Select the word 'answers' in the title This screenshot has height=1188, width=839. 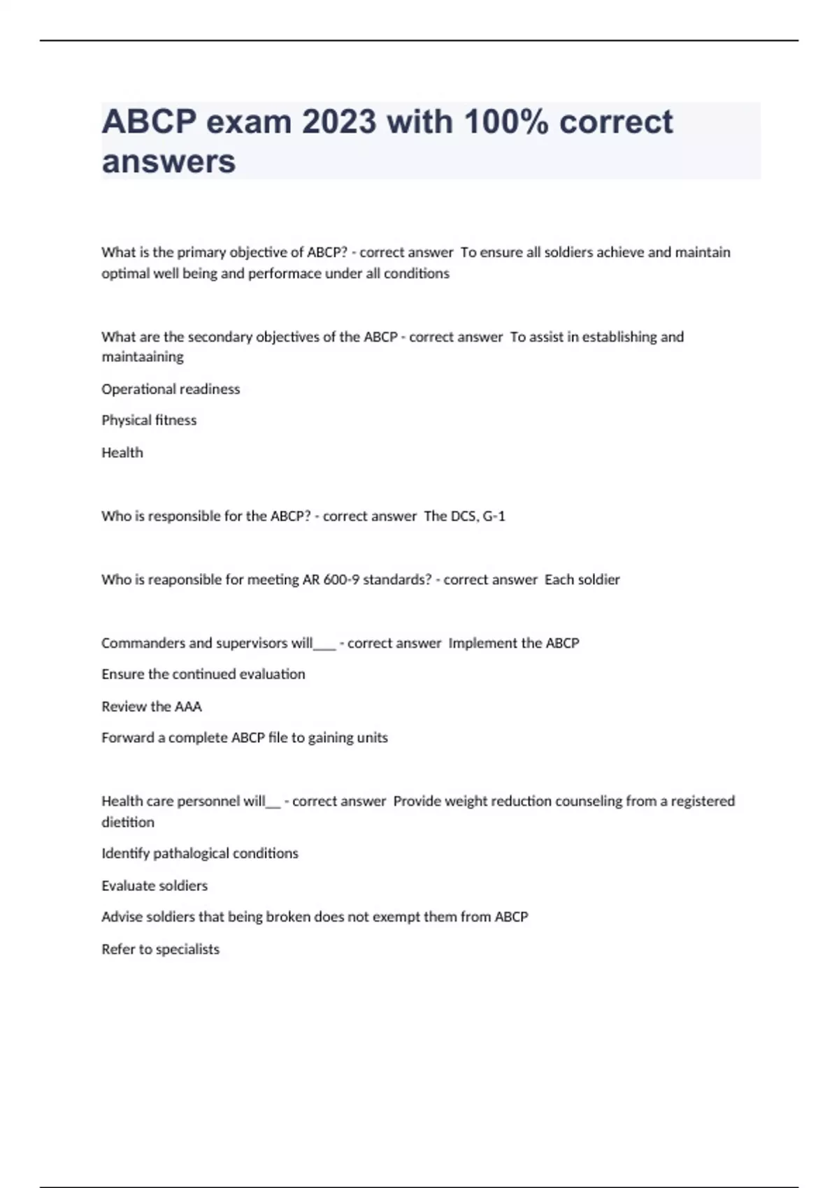[168, 161]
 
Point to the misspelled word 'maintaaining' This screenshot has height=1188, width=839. [143, 357]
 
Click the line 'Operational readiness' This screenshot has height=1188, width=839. [171, 389]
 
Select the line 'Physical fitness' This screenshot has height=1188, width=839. [149, 421]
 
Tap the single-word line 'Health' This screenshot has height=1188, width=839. [122, 453]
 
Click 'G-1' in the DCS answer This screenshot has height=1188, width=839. [494, 516]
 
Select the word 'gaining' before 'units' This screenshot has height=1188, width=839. [332, 738]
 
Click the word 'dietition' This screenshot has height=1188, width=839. [128, 823]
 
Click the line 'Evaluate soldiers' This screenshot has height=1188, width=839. [155, 886]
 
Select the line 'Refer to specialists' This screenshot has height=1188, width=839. [160, 950]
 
